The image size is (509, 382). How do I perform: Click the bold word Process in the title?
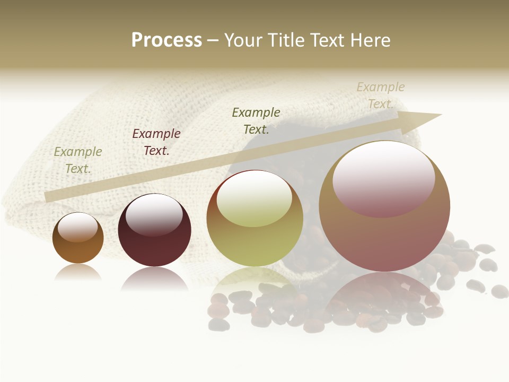[166, 40]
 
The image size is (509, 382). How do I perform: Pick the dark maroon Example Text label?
[156, 142]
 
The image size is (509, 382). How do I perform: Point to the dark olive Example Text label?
[256, 121]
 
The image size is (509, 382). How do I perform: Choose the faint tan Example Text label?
[381, 95]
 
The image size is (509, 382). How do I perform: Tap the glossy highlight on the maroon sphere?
[154, 214]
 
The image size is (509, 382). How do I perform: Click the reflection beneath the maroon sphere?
[154, 279]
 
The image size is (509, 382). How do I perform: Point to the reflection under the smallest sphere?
[78, 272]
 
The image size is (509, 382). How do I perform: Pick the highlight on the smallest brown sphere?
[78, 228]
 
